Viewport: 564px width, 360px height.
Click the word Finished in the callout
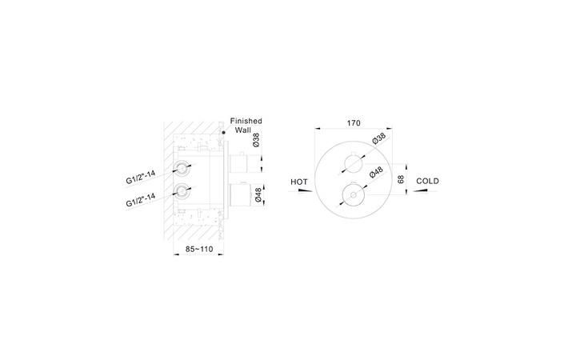(x=246, y=121)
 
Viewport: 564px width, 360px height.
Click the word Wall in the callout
(x=243, y=130)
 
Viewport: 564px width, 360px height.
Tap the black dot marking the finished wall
(x=224, y=133)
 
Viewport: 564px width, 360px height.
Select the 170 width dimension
(x=354, y=123)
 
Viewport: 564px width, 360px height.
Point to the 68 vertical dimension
(x=401, y=179)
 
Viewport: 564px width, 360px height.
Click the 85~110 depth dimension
(x=199, y=249)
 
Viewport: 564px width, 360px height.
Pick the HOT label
(x=299, y=182)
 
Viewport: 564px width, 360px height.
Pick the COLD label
(x=428, y=181)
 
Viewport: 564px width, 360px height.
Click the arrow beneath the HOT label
(x=301, y=190)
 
